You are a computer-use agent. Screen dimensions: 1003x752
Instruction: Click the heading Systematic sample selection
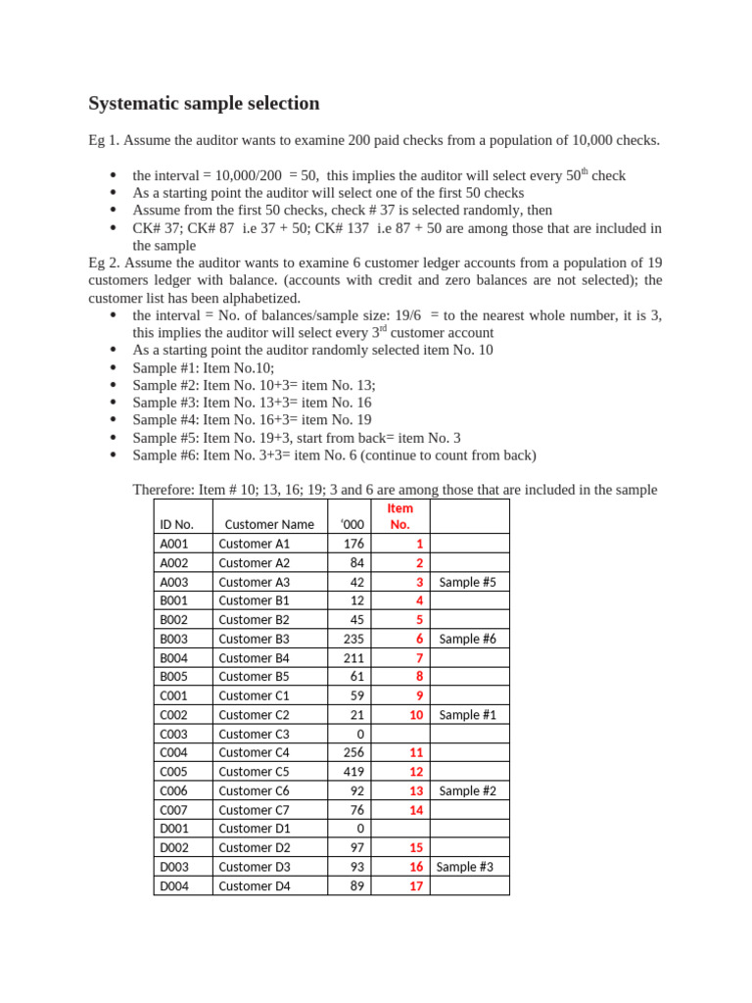[x=204, y=103]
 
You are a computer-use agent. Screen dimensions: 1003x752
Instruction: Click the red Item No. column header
[x=399, y=516]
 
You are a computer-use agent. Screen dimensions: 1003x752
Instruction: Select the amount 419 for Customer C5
[x=353, y=772]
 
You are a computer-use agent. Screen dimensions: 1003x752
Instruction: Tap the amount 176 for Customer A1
[x=353, y=544]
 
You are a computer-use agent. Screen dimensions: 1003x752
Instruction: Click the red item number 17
[x=416, y=885]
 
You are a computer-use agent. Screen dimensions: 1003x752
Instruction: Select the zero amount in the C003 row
[x=359, y=734]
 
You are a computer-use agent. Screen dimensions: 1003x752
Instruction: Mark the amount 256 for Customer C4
[x=353, y=752]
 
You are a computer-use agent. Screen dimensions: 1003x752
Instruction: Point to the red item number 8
[x=419, y=676]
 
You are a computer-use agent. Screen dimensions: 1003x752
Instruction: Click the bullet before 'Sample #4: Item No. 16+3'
[x=114, y=420]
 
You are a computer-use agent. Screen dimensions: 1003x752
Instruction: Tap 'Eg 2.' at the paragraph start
[x=105, y=263]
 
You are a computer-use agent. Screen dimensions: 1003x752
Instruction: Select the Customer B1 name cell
[x=254, y=600]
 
